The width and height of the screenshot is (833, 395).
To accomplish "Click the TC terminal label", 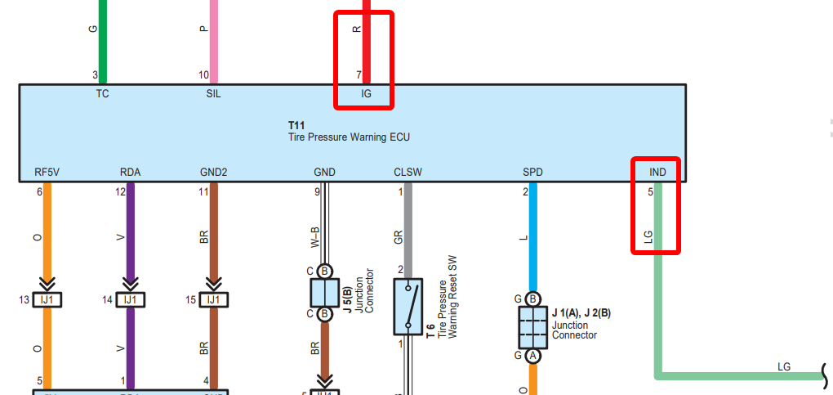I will coord(102,93).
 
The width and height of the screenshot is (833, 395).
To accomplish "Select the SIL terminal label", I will coord(213,93).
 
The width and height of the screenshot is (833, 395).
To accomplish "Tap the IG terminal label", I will coord(366,93).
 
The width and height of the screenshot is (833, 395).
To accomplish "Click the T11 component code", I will coord(296,124).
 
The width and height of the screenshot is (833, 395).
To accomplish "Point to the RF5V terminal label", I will coord(47,173).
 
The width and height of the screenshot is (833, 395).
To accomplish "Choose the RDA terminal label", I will coord(130,173).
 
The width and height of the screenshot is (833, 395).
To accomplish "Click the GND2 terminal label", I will coord(213,173).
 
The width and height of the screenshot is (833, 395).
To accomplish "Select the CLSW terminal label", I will coord(408,173).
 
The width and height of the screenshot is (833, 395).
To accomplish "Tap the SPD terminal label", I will coord(532,173).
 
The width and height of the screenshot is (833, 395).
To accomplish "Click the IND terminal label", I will coord(657,173).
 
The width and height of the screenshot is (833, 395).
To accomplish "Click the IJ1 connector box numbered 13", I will coord(47,300).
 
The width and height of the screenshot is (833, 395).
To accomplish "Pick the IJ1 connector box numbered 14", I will coord(130,300).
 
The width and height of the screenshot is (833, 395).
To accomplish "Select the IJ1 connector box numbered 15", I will coord(213,300).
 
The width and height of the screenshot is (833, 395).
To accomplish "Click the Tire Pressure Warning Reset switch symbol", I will coord(408,306).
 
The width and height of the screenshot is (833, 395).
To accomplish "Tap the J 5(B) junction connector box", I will coord(324,292).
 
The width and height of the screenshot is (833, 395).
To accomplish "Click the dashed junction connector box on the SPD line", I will coord(532,326).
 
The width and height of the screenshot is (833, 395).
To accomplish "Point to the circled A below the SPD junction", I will coord(532,356).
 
